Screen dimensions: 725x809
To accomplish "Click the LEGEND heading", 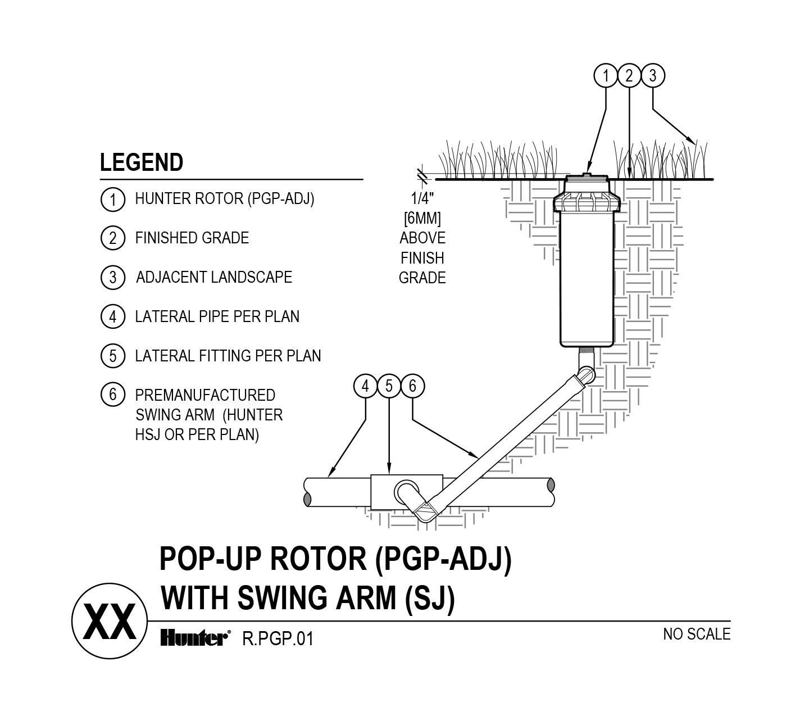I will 142,163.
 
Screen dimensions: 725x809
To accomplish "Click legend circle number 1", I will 112,200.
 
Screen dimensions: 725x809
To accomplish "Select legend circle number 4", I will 112,317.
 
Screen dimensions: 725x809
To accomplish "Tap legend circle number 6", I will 112,395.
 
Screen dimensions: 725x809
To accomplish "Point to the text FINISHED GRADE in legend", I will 192,238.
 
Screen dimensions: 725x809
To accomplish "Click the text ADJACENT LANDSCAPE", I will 214,278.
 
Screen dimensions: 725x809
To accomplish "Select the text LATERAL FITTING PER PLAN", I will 228,356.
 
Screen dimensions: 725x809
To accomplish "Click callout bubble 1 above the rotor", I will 606,75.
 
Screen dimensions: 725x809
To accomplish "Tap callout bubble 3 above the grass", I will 652,75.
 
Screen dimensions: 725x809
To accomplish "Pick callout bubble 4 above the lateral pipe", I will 366,386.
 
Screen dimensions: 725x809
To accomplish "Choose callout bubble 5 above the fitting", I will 389,386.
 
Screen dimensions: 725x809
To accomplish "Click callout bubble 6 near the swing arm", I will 412,386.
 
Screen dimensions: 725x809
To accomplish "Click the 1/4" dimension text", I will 422,198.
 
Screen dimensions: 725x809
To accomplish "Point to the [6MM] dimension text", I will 422,218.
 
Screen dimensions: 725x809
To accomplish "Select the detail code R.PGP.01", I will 277,639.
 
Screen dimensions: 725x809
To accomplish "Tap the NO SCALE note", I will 697,635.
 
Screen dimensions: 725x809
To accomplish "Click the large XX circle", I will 110,622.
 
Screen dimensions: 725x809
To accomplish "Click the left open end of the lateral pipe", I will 307,492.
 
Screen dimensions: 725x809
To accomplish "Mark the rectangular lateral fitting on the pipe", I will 382,492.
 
